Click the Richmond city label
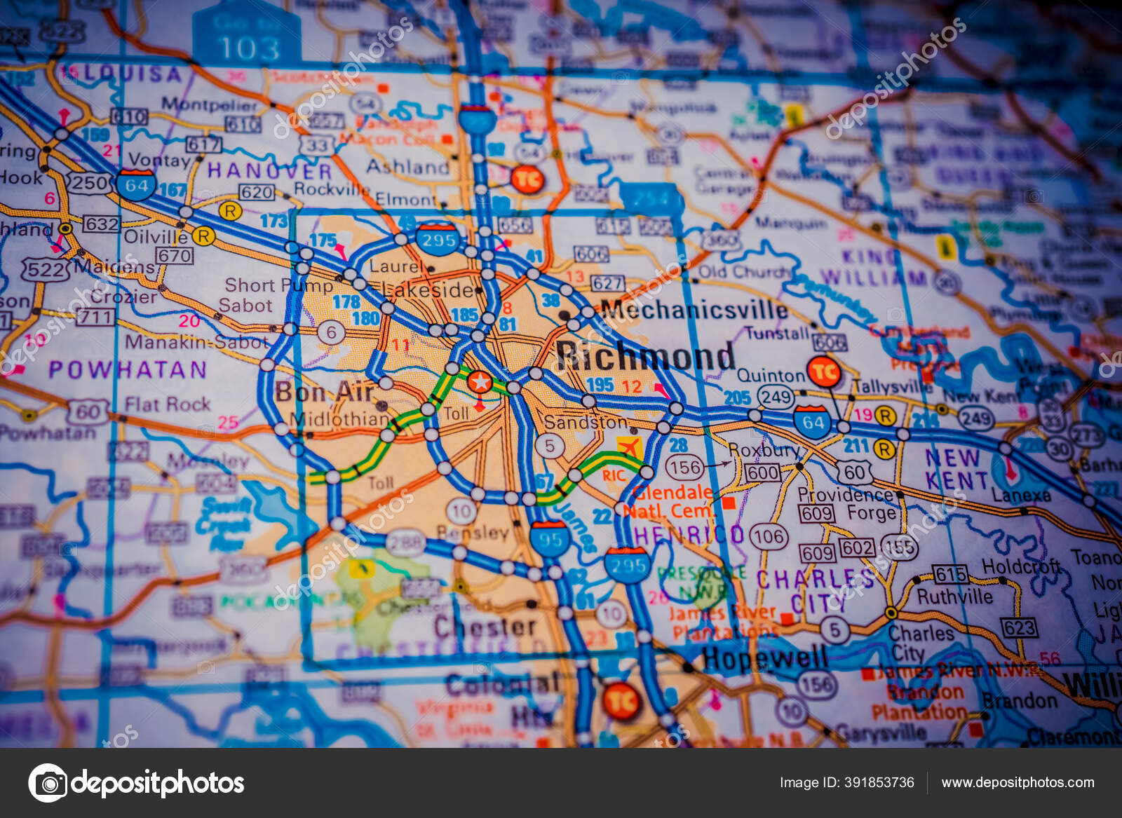click(645, 356)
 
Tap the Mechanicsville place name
click(694, 310)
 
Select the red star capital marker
click(480, 382)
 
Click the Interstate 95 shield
click(550, 538)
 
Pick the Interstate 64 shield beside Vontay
click(136, 185)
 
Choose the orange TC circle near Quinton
click(824, 371)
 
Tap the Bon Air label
click(324, 392)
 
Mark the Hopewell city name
click(764, 659)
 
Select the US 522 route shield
click(46, 269)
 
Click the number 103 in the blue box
click(248, 48)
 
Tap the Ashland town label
click(407, 167)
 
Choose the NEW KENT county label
click(955, 469)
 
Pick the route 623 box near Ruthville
click(1019, 627)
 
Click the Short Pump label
click(278, 285)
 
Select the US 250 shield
click(89, 184)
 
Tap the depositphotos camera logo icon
click(48, 783)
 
